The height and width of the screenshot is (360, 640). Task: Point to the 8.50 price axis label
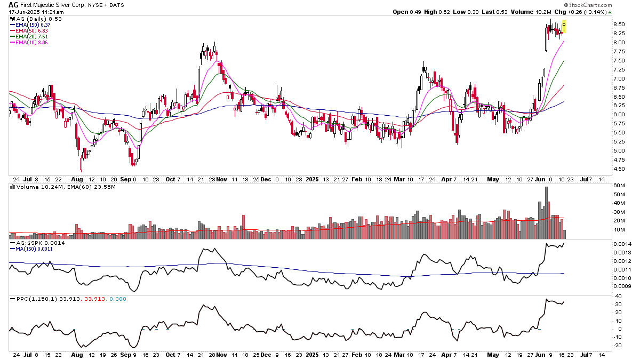(619, 24)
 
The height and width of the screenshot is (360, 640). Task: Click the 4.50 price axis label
(619, 169)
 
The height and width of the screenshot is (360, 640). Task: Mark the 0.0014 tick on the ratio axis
(621, 243)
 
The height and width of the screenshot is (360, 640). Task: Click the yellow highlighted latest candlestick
(564, 26)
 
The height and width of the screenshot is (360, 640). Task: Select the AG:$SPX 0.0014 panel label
(39, 243)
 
